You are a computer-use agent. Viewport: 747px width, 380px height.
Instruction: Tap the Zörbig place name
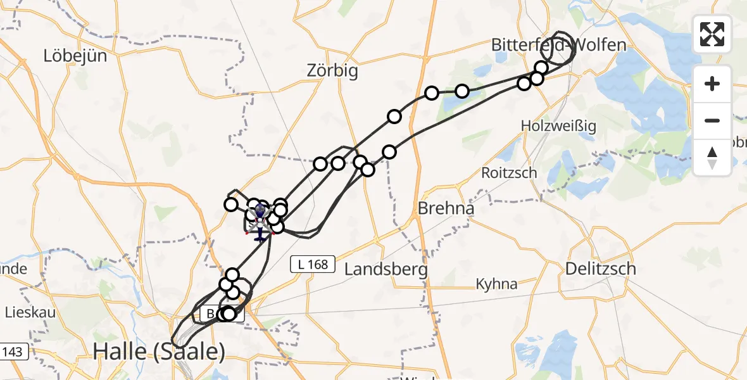(332, 70)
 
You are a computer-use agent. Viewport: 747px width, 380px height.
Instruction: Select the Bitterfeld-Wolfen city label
(559, 45)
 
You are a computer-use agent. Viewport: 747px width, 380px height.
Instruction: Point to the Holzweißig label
(558, 126)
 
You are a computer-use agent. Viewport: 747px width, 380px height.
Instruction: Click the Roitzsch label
(509, 172)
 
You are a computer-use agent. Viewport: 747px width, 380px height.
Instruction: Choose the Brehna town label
(446, 208)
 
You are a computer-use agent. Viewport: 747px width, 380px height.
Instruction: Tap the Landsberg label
(386, 269)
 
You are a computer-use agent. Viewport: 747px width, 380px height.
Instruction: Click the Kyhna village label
(497, 284)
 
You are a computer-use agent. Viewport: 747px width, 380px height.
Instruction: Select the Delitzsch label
(601, 269)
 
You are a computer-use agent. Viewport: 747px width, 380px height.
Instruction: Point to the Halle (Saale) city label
(159, 351)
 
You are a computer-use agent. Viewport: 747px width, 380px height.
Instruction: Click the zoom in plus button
(712, 84)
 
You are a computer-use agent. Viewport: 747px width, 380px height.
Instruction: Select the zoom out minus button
(712, 120)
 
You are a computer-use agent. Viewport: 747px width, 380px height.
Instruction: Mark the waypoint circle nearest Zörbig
(394, 117)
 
